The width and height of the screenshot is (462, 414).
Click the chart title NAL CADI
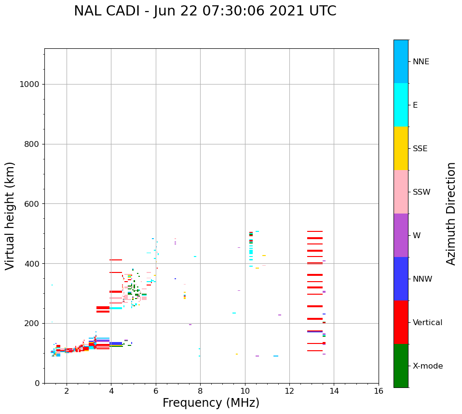[205, 11]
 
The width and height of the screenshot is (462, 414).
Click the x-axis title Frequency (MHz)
[211, 403]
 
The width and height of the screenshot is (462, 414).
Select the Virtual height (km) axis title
[10, 215]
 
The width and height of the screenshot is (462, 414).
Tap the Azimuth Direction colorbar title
[451, 213]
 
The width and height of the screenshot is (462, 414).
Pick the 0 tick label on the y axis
[37, 383]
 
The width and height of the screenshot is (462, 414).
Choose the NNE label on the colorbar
[421, 62]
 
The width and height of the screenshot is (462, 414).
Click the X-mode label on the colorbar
[427, 366]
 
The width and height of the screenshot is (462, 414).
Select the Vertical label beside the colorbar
[428, 323]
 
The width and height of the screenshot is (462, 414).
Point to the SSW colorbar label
[421, 192]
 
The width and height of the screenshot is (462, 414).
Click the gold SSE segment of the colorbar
[401, 148]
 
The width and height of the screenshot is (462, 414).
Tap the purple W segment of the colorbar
[401, 235]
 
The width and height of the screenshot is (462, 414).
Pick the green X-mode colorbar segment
[401, 366]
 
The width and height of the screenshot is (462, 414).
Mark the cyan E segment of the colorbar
[401, 105]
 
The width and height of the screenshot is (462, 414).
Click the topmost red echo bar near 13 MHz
[315, 231]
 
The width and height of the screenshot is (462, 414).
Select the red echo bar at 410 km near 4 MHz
[116, 260]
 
